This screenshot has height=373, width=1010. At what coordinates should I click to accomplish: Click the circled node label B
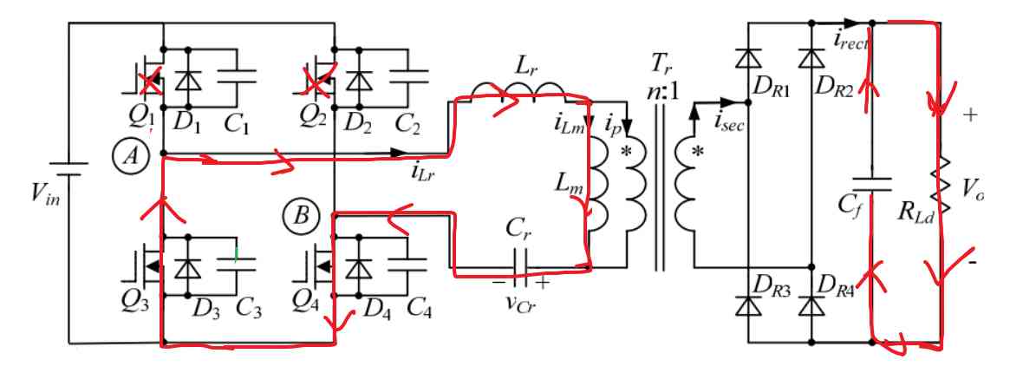click(x=300, y=215)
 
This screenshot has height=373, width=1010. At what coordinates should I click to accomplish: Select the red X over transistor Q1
click(x=151, y=82)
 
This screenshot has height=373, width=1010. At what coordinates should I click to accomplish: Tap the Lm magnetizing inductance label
click(x=564, y=183)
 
